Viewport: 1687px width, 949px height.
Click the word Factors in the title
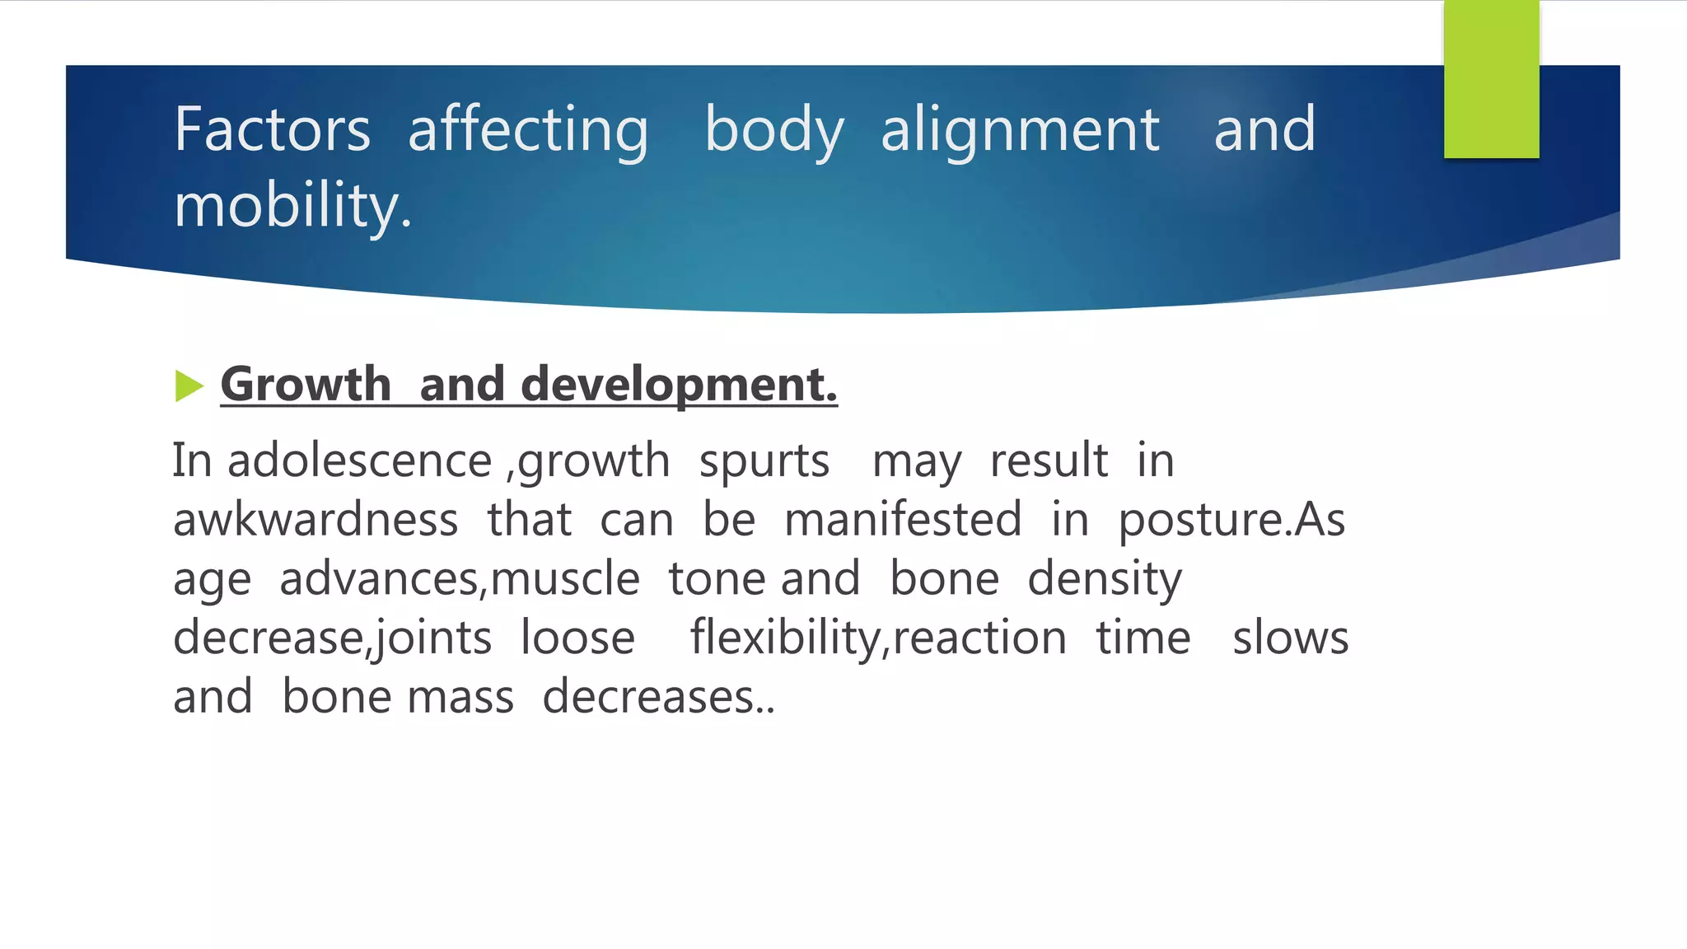pos(272,130)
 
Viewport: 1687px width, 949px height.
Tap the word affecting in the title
pos(528,130)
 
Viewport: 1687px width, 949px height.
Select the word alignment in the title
pos(1020,130)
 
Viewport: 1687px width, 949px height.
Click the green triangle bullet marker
pos(189,386)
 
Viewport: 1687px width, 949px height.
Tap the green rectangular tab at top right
pos(1491,79)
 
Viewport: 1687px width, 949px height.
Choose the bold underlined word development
pos(678,385)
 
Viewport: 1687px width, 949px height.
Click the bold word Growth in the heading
pos(306,385)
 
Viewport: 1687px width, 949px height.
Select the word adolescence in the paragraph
pos(359,460)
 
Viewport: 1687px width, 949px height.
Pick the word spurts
pos(764,460)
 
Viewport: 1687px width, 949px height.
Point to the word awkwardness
pos(315,520)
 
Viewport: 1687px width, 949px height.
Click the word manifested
pos(903,520)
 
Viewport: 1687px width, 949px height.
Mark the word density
pos(1104,579)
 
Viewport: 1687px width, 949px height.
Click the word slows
pos(1290,638)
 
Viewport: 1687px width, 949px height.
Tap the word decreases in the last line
pos(648,698)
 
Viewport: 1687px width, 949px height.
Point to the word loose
pos(577,638)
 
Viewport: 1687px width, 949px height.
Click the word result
pos(1049,460)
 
